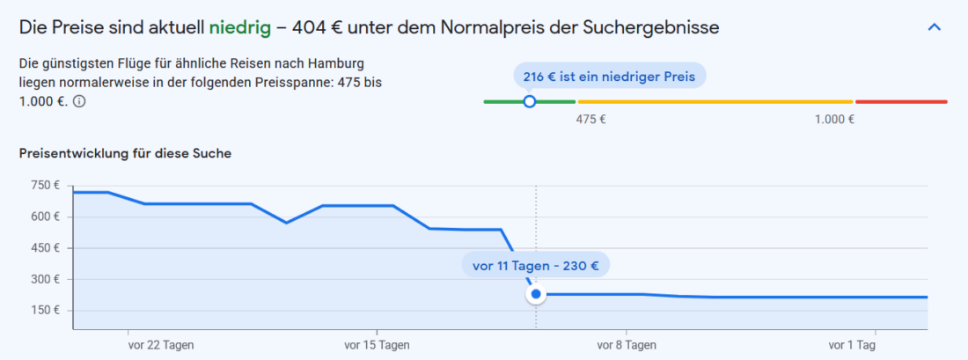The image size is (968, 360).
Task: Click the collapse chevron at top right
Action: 935,27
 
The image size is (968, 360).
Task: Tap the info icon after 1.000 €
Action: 79,101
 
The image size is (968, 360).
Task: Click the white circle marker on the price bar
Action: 529,102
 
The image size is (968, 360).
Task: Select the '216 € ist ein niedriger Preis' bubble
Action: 609,77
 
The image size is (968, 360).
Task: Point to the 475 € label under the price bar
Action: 590,120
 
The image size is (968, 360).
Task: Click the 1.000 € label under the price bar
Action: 835,120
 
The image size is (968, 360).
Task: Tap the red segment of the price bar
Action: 901,102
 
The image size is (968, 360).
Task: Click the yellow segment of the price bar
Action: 715,102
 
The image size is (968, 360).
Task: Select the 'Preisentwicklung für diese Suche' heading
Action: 125,154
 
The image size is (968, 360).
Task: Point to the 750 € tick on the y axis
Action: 44,186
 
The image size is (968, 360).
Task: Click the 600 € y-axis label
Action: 44,217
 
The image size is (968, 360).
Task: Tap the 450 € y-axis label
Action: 44,248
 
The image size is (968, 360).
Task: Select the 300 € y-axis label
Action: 44,279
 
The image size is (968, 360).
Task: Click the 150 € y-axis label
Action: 44,310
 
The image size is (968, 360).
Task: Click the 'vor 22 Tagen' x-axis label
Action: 160,344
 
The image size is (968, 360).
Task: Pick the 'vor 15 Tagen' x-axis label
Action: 377,344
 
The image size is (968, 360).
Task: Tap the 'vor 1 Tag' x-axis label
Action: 852,344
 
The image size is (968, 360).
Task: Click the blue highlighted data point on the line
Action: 535,294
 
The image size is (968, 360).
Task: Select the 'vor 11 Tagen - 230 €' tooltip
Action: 535,265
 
